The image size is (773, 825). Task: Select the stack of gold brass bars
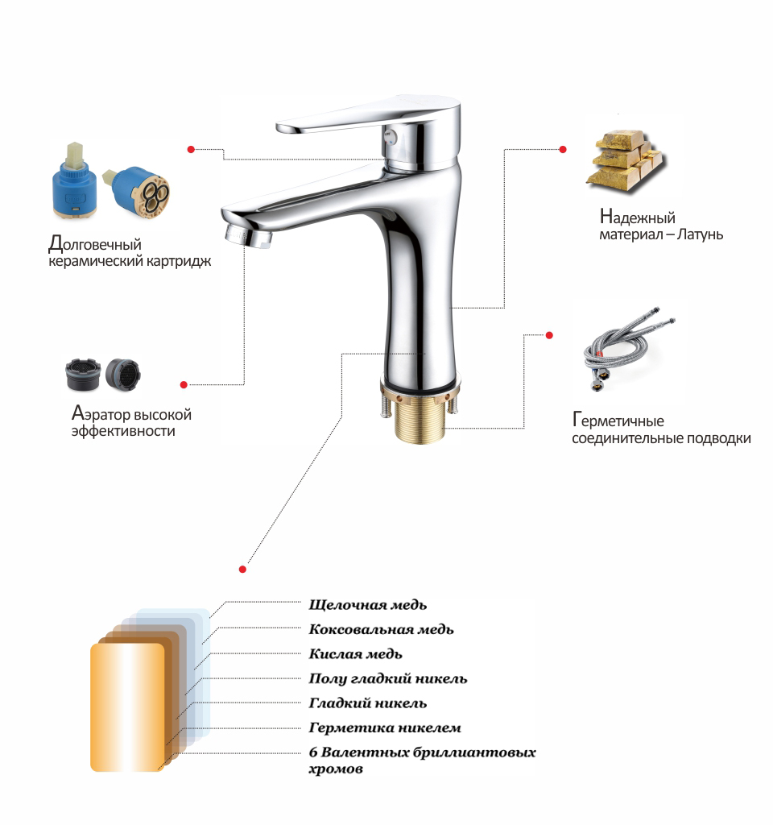coord(626,161)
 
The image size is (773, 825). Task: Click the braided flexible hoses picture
coord(629,348)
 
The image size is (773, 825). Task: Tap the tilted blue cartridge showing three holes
coord(137,190)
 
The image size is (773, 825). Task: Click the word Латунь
coord(700,234)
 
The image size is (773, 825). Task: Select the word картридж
coord(179,262)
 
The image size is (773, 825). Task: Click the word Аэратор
coord(101,413)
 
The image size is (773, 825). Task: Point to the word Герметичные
coord(618,420)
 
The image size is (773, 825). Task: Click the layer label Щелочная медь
coord(367,605)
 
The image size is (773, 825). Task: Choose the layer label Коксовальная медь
coord(381,629)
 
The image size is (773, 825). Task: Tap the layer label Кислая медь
coord(355,654)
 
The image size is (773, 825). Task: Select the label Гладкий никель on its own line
coord(367,703)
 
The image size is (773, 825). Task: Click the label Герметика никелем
coord(384,728)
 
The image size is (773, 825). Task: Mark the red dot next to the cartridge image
coord(191,149)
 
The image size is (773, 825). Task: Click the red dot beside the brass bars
coord(563,149)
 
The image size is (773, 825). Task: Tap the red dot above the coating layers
coord(242,570)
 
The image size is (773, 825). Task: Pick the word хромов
coord(336,769)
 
